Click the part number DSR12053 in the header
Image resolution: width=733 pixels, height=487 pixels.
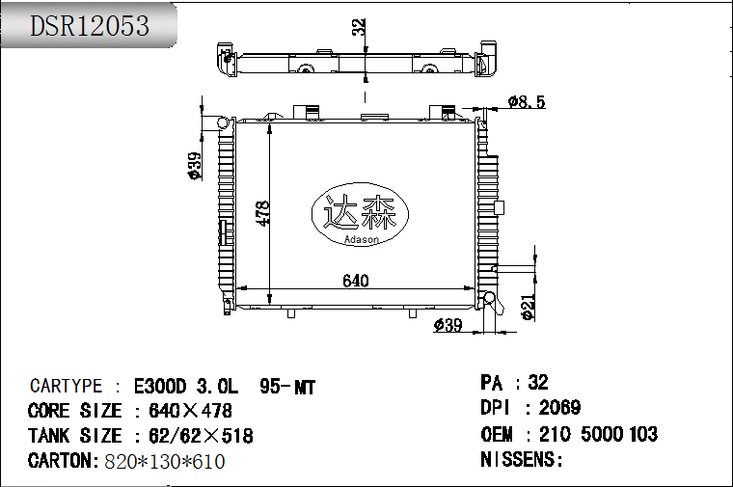90,26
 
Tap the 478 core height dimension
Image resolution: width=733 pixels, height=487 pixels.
263,213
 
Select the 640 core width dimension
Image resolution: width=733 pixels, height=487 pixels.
356,281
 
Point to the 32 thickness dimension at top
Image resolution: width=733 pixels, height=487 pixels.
359,28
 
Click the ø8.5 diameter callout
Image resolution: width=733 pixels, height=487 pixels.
527,101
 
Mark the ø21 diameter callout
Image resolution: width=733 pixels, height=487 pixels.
528,308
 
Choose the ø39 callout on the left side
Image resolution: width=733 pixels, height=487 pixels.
195,166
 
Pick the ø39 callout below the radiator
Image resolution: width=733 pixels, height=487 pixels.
448,325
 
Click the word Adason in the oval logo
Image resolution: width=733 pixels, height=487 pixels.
362,239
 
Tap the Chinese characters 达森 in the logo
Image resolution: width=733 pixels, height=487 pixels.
360,213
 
